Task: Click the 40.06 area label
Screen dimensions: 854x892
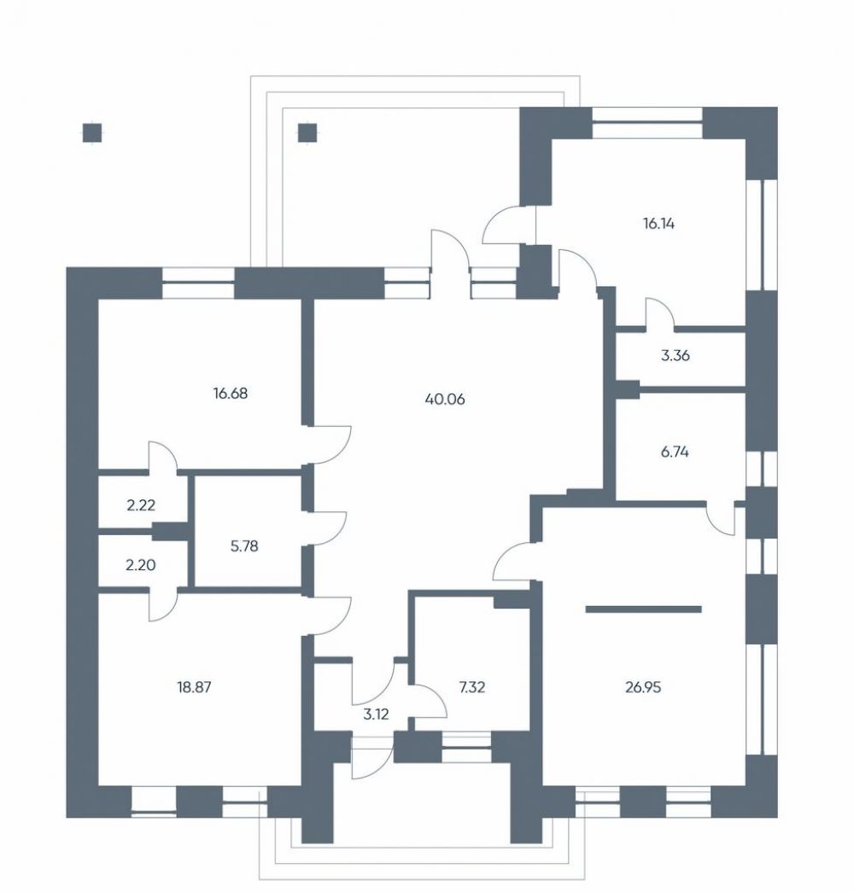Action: (x=445, y=399)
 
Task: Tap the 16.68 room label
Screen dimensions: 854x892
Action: (x=230, y=394)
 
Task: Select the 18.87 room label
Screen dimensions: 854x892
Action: (x=194, y=687)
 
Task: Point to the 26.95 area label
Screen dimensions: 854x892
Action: (x=643, y=687)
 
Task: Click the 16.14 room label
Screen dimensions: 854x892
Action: (x=658, y=224)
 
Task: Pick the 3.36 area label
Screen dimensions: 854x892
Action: (x=676, y=356)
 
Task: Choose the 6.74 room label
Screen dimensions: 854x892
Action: (x=675, y=452)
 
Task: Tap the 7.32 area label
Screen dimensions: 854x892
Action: (x=472, y=687)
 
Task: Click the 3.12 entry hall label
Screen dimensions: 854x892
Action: (x=376, y=714)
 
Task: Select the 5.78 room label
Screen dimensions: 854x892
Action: (x=243, y=546)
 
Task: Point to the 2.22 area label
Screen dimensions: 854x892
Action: (x=141, y=504)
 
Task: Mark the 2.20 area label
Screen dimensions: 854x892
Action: (x=140, y=565)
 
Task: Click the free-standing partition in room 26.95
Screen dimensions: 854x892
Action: (x=643, y=609)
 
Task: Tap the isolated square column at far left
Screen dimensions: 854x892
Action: (x=92, y=133)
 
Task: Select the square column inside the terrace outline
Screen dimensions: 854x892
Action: (x=308, y=133)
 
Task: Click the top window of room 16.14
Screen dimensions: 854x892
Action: (x=646, y=122)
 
